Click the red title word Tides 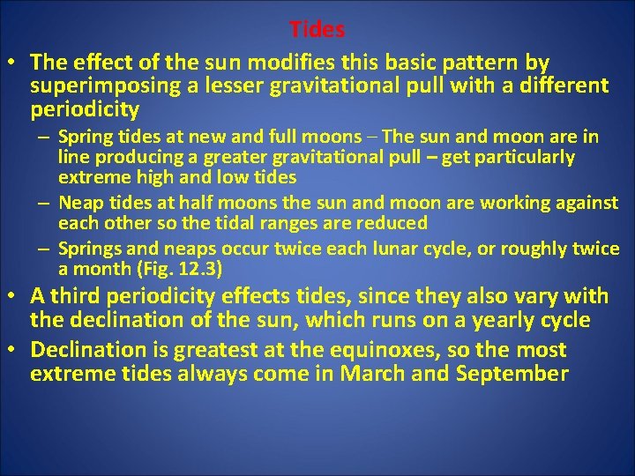tap(317, 29)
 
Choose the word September tap(512, 374)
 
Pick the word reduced tap(390, 223)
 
